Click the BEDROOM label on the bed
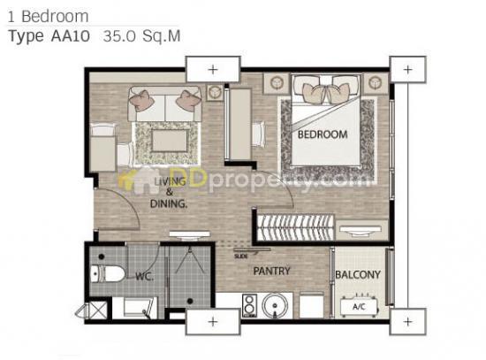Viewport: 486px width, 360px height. point(323,134)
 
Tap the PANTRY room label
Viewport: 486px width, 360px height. point(271,271)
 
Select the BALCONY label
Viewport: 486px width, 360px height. point(358,274)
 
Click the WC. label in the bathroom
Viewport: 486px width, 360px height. point(144,276)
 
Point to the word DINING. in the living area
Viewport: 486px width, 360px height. point(169,203)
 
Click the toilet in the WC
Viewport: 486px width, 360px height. point(108,273)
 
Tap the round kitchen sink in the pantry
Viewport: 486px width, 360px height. point(275,305)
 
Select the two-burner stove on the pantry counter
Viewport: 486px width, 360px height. point(249,306)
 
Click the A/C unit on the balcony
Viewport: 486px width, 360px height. point(359,306)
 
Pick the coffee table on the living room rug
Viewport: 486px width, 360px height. point(170,141)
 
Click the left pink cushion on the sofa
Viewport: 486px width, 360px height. point(142,99)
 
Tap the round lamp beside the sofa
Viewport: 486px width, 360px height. point(215,92)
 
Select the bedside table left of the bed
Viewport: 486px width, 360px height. point(277,83)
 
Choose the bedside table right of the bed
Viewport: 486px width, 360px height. point(376,83)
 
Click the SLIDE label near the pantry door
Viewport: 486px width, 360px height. point(241,257)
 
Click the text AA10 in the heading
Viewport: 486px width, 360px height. point(71,36)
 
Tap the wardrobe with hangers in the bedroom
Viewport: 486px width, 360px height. point(295,228)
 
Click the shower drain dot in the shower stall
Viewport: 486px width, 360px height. point(190,301)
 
